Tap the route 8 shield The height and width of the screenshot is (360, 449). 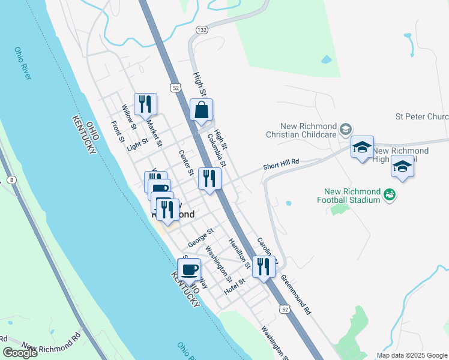click(11, 179)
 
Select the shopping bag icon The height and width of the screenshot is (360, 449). click(202, 110)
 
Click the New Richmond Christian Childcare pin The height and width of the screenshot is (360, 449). click(345, 129)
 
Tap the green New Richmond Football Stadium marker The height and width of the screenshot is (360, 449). click(389, 194)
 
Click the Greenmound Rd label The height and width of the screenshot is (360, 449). click(296, 295)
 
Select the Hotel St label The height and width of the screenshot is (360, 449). click(235, 286)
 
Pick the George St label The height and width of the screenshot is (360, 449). click(200, 236)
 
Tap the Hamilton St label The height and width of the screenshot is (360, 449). click(238, 253)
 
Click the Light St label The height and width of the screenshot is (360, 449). click(137, 145)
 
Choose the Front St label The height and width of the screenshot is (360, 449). click(117, 132)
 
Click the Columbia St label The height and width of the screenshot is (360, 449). click(217, 150)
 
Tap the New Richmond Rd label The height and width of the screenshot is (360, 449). click(51, 341)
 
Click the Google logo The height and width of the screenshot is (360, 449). click(20, 353)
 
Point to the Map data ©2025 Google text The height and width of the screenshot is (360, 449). click(411, 355)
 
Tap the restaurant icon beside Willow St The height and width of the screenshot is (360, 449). click(145, 104)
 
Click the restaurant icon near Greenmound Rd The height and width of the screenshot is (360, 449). click(263, 266)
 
